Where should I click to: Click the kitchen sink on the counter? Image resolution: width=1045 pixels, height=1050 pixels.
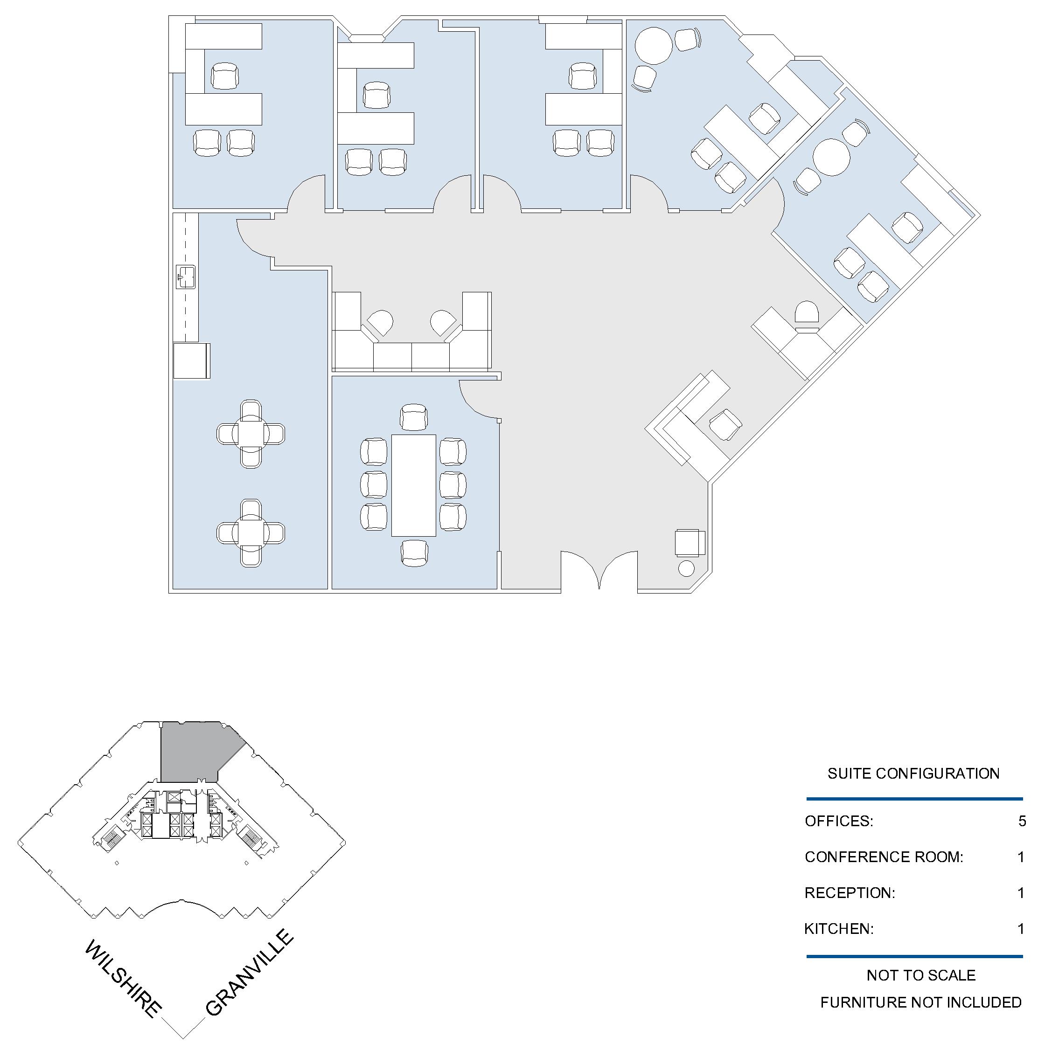186,276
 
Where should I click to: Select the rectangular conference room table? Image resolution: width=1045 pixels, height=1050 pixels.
414,485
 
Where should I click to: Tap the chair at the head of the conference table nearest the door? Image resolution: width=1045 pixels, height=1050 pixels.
414,418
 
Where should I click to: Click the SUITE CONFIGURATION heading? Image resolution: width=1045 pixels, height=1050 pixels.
913,774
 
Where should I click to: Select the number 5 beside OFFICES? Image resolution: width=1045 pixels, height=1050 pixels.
1022,821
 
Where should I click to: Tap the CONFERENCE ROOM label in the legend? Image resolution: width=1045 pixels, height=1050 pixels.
884,857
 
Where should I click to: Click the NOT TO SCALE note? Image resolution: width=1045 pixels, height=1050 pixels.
921,975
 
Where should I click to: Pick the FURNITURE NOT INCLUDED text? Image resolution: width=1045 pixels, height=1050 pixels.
921,1002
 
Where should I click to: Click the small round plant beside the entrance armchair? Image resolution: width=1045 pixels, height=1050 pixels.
687,568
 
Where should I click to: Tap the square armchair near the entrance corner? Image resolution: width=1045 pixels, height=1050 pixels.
690,542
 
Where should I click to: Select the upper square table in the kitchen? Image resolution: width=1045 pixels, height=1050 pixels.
251,434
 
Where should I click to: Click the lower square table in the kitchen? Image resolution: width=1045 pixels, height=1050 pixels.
251,533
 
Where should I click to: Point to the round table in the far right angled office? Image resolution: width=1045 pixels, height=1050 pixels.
831,157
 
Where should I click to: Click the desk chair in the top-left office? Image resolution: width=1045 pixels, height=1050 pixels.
224,76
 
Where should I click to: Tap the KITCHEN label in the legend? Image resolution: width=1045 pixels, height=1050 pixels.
839,929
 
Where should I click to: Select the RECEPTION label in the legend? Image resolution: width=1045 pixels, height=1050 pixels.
850,893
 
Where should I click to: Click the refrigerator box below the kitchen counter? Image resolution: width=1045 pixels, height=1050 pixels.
191,360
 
